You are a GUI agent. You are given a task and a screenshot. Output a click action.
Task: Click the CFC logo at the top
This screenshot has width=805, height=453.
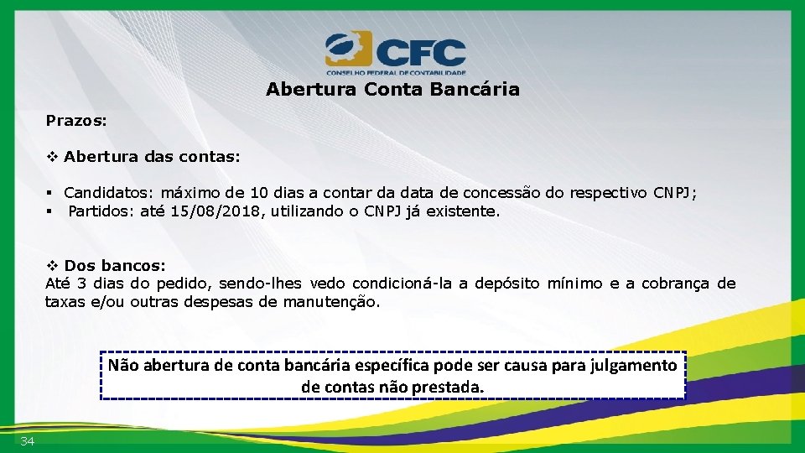pyautogui.click(x=395, y=52)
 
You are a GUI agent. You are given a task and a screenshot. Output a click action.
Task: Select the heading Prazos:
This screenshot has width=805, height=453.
pyautogui.click(x=76, y=121)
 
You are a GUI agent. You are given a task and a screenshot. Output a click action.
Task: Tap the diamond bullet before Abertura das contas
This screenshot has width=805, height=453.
pyautogui.click(x=52, y=157)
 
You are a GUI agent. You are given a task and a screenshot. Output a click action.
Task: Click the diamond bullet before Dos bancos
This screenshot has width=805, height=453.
pyautogui.click(x=52, y=266)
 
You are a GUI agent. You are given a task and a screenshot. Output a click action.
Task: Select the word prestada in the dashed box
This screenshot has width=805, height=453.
pyautogui.click(x=453, y=388)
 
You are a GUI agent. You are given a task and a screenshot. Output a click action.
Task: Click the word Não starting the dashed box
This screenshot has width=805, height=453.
pyautogui.click(x=123, y=366)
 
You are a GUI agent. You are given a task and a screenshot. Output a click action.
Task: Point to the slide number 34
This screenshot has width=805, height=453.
pyautogui.click(x=28, y=442)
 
